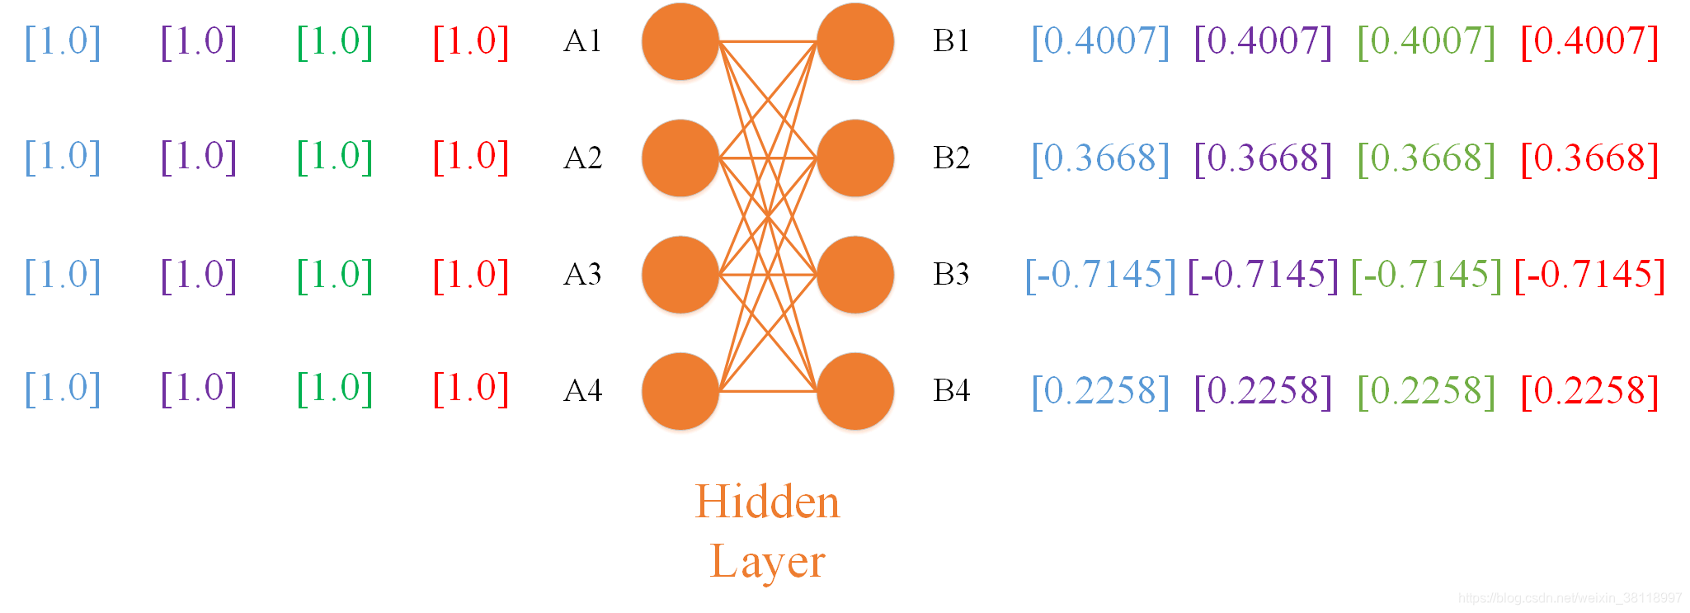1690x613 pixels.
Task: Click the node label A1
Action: click(582, 41)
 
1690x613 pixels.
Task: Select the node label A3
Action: click(582, 275)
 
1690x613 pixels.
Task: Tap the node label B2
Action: click(951, 158)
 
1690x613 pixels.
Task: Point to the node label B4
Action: click(951, 390)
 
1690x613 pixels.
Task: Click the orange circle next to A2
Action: click(680, 158)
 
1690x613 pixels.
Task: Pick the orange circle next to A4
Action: click(680, 391)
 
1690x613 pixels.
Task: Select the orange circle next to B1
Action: click(855, 41)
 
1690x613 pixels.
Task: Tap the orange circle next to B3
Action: click(855, 275)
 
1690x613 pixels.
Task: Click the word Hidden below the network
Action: click(767, 502)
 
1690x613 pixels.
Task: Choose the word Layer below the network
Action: click(767, 562)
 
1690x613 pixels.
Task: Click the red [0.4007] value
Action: click(1589, 41)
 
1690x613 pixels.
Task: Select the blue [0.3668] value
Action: click(1100, 158)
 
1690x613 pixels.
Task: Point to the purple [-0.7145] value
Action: click(1263, 275)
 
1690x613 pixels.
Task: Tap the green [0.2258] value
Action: click(1426, 391)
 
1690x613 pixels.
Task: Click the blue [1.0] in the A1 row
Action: click(63, 41)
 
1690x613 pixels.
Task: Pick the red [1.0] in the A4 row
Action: click(471, 389)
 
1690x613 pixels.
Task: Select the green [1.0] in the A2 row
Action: click(335, 157)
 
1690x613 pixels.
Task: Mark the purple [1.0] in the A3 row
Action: click(199, 275)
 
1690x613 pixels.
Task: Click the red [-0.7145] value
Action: click(1589, 275)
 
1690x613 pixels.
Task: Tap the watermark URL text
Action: click(1569, 598)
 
